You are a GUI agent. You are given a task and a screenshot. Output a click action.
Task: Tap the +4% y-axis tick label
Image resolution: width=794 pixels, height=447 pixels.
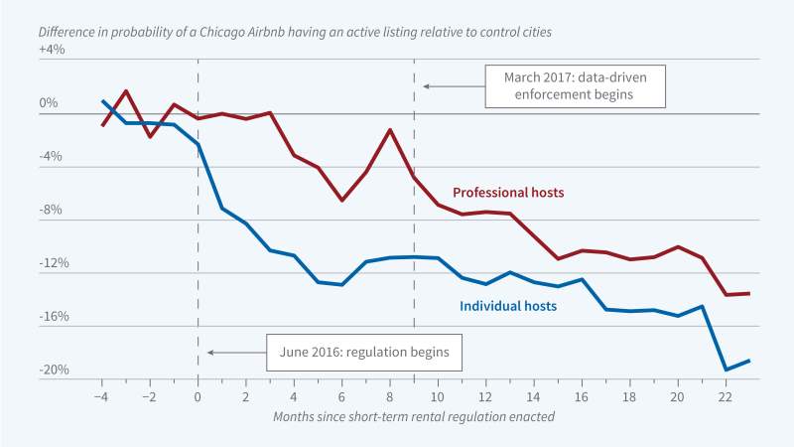(52, 50)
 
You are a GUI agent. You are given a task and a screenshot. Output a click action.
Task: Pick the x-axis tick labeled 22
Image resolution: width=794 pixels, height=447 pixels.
(726, 394)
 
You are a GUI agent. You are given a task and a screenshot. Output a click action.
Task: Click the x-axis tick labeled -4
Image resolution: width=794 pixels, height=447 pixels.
(102, 394)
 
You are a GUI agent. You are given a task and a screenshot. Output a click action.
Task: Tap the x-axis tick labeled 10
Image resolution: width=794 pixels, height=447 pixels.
(438, 394)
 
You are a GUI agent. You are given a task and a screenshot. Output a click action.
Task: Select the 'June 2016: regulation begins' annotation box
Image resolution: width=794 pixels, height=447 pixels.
(364, 352)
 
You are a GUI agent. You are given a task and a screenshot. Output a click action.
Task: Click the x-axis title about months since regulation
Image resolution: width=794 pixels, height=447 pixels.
(414, 417)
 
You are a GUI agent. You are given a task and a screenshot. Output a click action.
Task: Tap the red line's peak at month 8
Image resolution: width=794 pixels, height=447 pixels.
(390, 130)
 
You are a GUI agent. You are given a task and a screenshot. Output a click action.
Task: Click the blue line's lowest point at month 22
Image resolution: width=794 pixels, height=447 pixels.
(726, 370)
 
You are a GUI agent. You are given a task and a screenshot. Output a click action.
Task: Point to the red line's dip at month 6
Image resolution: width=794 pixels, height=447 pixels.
(342, 201)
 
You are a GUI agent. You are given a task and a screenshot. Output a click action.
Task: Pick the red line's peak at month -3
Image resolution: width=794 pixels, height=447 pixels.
(126, 91)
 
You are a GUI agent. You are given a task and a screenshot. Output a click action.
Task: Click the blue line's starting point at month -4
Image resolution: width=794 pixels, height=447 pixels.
(102, 100)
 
